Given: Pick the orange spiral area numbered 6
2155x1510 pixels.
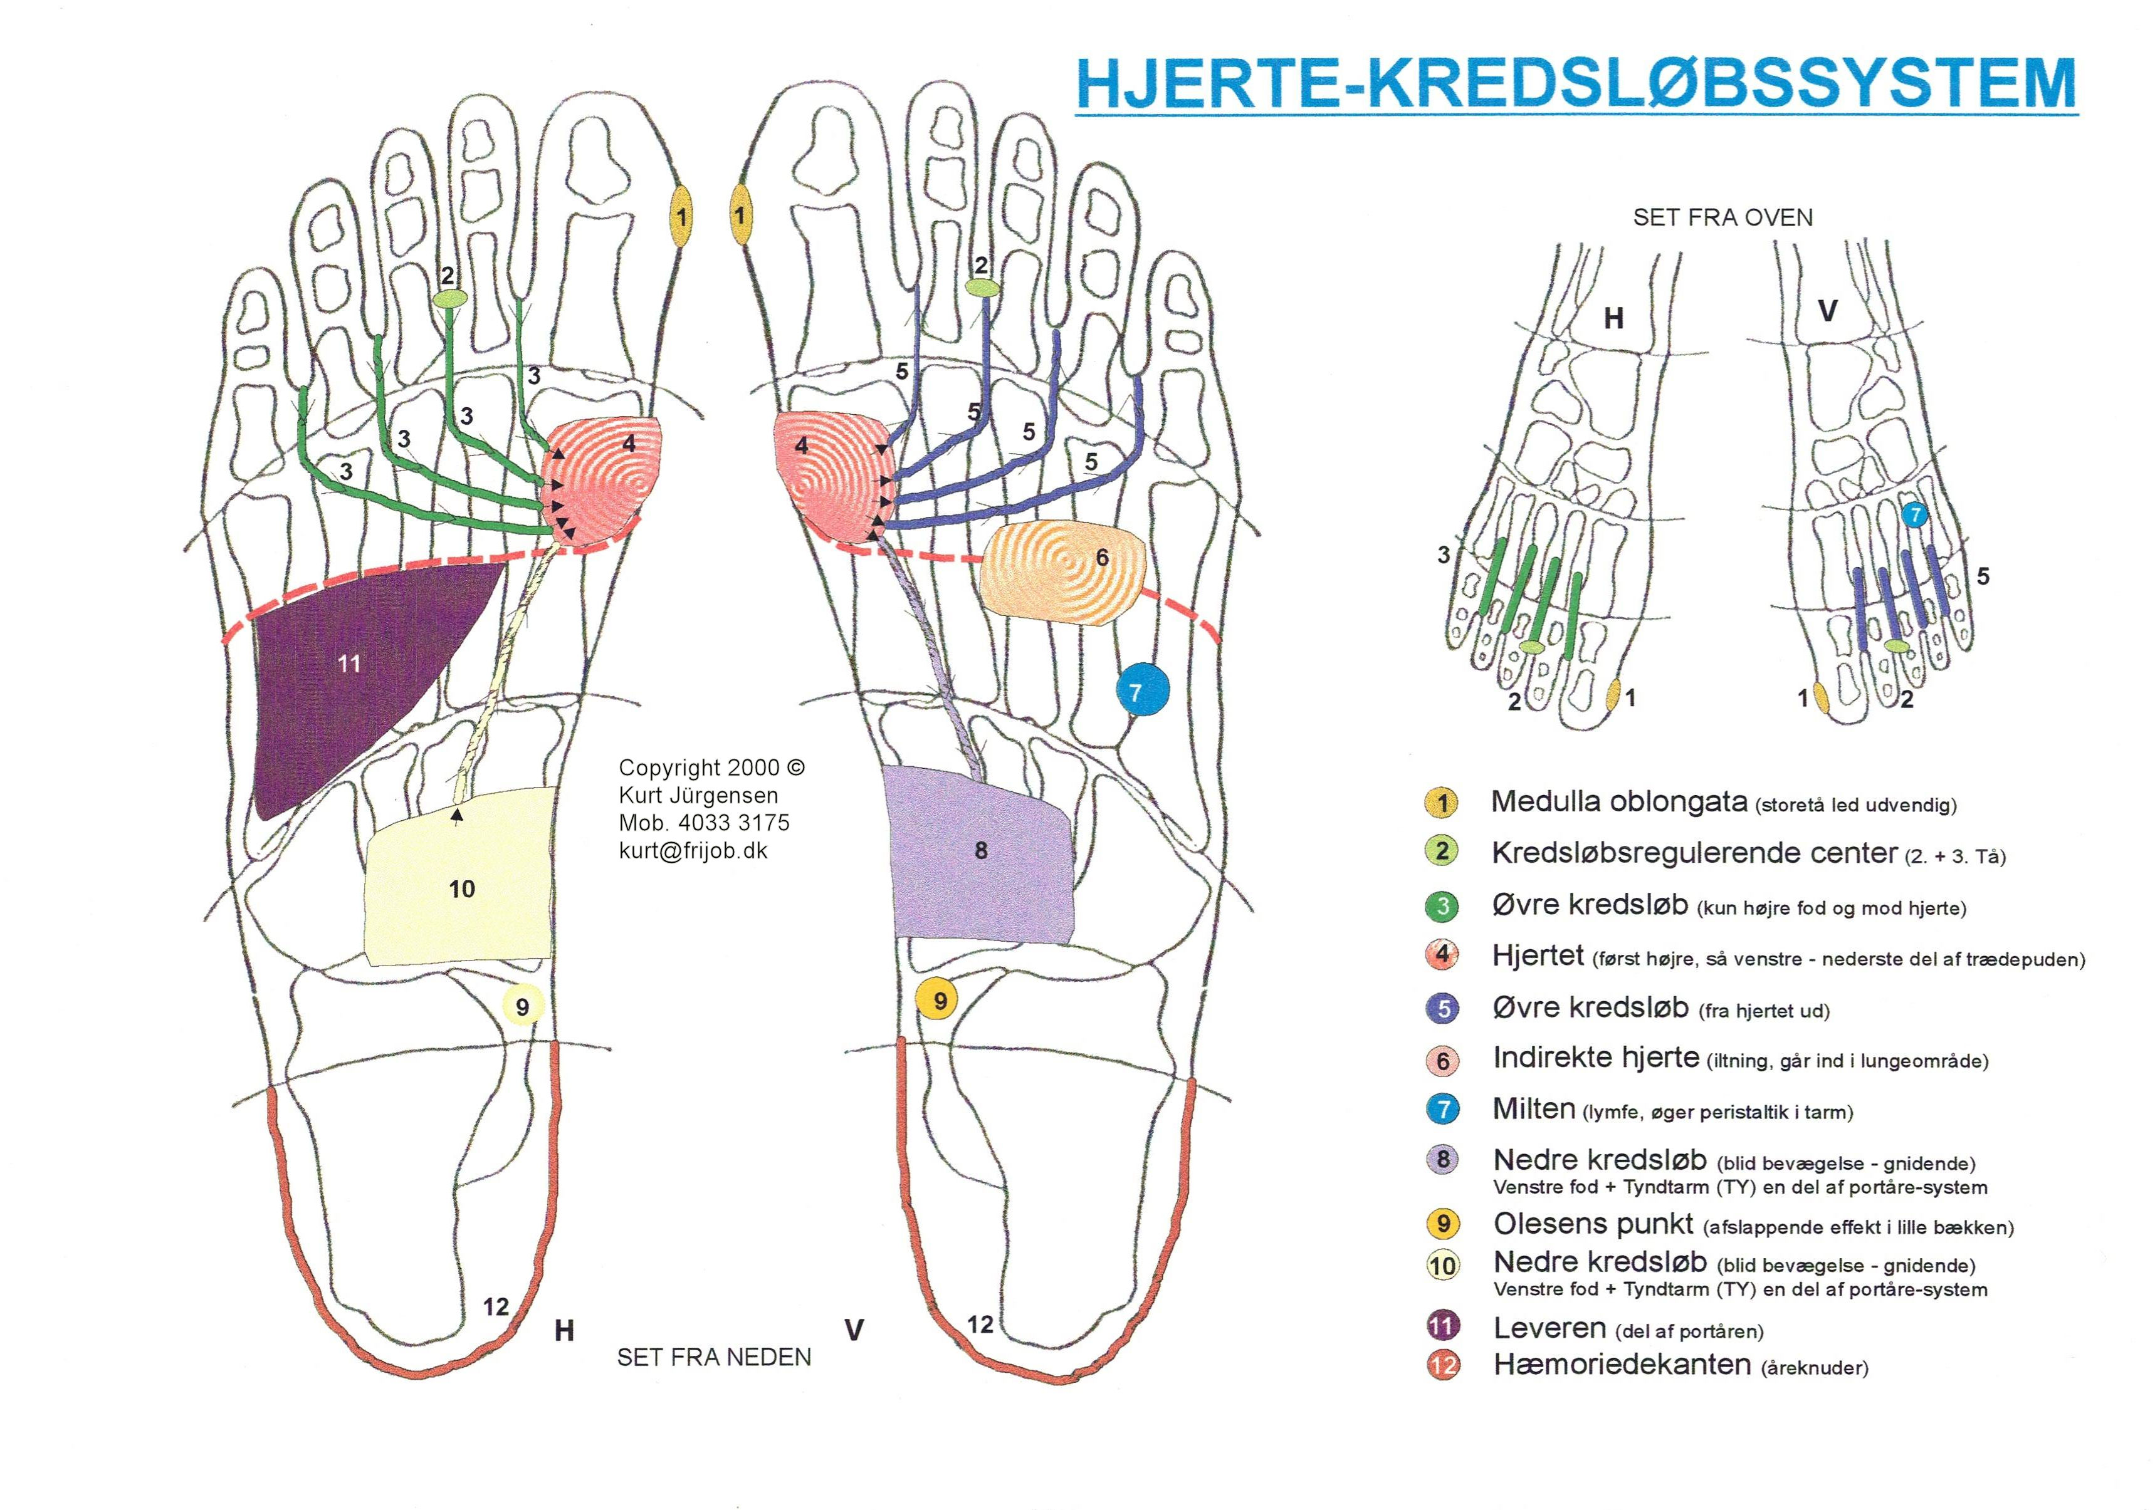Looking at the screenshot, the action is pyautogui.click(x=1062, y=573).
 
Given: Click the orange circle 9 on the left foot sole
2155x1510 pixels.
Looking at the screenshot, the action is pyautogui.click(x=940, y=1001).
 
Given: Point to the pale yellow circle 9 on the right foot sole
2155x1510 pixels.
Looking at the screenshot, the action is pyautogui.click(x=523, y=1006).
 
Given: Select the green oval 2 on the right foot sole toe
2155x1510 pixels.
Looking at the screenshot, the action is pyautogui.click(x=451, y=298).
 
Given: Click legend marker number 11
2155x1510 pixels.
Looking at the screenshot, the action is pyautogui.click(x=1442, y=1326).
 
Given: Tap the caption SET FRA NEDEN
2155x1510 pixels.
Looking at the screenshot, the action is pyautogui.click(x=713, y=1357).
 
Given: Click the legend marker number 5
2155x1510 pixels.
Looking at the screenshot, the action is pyautogui.click(x=1442, y=1009).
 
